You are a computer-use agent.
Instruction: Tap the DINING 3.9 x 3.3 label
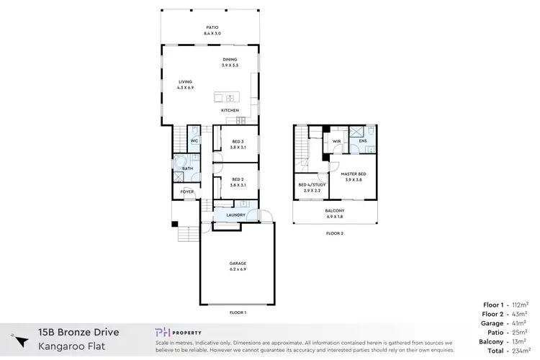(x=230, y=63)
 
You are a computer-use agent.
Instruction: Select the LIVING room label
(x=186, y=84)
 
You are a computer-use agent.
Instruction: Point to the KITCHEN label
(x=230, y=110)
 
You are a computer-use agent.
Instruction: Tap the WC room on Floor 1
(x=194, y=140)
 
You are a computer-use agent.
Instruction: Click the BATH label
(x=187, y=168)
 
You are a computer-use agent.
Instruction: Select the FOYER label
(x=187, y=192)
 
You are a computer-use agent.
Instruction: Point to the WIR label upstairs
(x=336, y=141)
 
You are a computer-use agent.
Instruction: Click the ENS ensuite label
(x=363, y=141)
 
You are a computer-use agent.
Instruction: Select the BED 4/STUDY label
(x=311, y=186)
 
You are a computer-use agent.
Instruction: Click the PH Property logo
(x=181, y=332)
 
